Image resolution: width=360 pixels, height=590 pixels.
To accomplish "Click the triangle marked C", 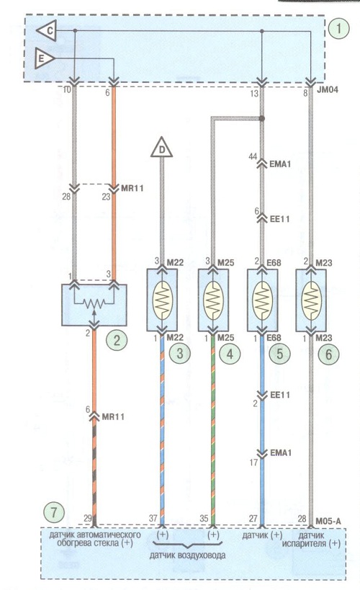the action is pos(48,31).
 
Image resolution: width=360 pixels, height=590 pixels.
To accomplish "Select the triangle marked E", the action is pos(44,58).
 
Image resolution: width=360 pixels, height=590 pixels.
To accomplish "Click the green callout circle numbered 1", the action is pos(338,28).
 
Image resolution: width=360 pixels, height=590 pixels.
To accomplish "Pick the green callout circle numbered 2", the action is pos(117,340).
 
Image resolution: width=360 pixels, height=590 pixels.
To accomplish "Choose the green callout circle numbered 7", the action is pos(54,512).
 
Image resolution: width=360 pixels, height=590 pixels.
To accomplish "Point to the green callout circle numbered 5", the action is pos(279,353).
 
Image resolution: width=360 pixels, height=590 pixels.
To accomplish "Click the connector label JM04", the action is pos(328,89).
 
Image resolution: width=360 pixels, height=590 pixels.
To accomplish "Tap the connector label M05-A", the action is pos(328,521).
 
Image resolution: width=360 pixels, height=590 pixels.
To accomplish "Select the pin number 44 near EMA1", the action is pos(253,156).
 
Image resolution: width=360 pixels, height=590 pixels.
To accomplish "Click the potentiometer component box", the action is pos(94,305).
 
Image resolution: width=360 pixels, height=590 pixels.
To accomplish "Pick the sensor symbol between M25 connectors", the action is pos(213,300).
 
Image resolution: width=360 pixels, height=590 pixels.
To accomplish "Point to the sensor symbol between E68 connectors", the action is pos(262,300).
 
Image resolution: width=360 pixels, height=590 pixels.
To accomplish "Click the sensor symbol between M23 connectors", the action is pos(311,300).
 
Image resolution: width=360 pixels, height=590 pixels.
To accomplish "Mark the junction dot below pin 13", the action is pos(262,119).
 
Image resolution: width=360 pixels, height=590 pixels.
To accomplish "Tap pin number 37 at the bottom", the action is pos(153,518).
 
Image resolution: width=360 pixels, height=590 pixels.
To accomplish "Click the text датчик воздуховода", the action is pos(187,555).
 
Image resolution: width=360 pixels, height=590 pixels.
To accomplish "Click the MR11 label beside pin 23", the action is pos(132,188).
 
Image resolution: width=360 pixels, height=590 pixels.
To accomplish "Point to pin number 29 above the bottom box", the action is pos(88,518).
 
